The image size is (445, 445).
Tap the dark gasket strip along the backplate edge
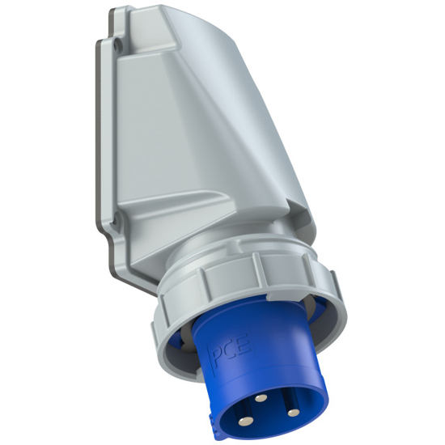click(x=100, y=146)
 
